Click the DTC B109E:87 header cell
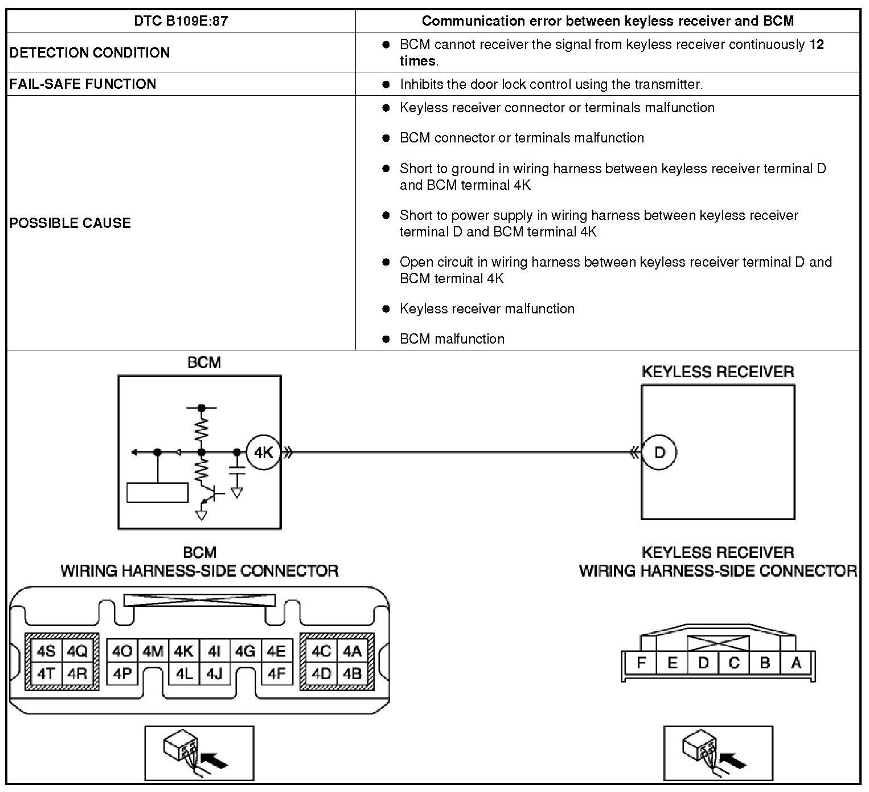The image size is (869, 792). [181, 21]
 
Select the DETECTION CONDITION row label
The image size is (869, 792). [89, 52]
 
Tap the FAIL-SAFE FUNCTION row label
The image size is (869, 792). [83, 84]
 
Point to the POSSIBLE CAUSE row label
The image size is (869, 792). [70, 223]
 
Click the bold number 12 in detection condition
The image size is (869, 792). [816, 44]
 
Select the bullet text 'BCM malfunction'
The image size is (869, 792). [452, 339]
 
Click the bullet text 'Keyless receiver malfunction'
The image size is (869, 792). [487, 309]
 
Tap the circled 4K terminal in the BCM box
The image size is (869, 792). [263, 452]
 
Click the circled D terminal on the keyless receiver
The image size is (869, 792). [659, 452]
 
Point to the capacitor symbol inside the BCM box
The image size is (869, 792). [236, 471]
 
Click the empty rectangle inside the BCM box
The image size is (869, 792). [157, 493]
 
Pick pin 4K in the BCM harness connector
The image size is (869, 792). [184, 651]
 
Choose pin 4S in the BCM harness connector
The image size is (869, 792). [46, 651]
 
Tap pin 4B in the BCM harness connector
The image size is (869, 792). [352, 674]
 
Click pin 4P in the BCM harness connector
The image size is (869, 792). [122, 674]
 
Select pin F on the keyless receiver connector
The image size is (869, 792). [641, 663]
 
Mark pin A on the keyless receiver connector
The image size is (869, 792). [796, 663]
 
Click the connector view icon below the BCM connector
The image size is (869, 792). [199, 753]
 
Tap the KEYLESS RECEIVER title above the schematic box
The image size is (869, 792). [718, 372]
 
